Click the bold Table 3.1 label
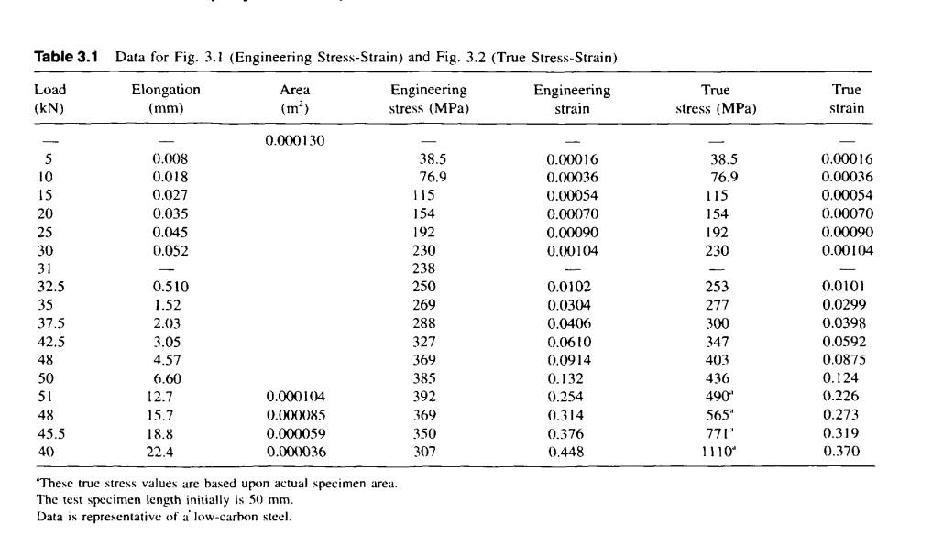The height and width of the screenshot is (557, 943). point(71,57)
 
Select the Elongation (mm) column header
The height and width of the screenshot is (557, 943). point(165,99)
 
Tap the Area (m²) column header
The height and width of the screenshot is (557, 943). point(294,99)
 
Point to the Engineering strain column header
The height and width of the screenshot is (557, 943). point(572,99)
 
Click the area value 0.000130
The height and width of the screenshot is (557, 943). point(295,140)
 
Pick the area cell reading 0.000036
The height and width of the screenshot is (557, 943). point(295,451)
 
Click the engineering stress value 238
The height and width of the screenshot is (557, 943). point(424,268)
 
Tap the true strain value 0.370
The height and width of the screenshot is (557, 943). point(841,451)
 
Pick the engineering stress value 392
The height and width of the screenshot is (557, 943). point(424,396)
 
